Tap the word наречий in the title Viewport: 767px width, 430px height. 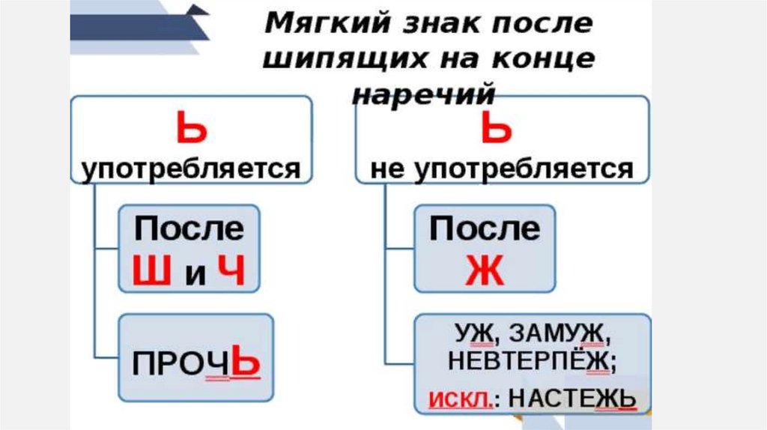pyautogui.click(x=424, y=94)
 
